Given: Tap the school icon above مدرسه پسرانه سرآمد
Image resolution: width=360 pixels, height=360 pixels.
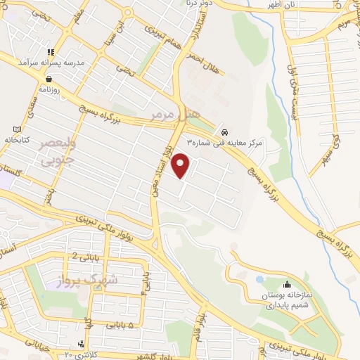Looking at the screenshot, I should [50, 52].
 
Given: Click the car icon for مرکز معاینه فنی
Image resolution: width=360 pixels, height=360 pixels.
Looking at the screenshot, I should [224, 132].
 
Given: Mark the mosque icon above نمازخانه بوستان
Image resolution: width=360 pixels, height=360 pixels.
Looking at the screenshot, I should [286, 285].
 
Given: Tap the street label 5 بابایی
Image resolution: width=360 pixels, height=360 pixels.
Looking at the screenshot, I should [122, 325].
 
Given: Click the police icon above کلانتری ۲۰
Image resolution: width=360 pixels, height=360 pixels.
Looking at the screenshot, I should [82, 344].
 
